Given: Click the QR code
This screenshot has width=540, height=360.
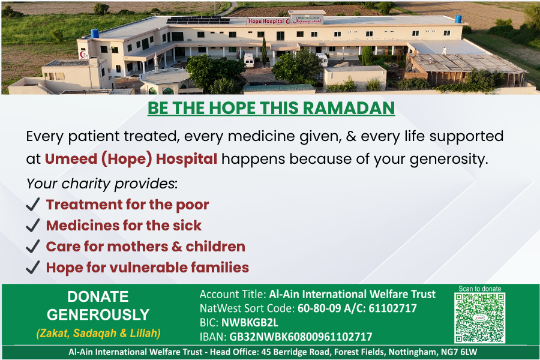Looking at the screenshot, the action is pyautogui.click(x=480, y=317).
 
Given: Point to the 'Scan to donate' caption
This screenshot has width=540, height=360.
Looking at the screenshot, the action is pyautogui.click(x=480, y=289).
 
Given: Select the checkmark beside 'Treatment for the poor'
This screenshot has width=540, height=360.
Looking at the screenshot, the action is pyautogui.click(x=33, y=204).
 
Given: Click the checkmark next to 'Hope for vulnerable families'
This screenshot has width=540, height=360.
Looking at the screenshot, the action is pyautogui.click(x=33, y=268).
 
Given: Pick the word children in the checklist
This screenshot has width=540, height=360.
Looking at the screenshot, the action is pyautogui.click(x=215, y=247).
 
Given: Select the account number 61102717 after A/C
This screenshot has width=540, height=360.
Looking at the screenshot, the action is pyautogui.click(x=392, y=308).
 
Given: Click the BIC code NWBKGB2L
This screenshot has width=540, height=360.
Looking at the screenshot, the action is pyautogui.click(x=250, y=322).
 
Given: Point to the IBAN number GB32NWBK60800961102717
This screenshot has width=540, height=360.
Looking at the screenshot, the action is pyautogui.click(x=301, y=337).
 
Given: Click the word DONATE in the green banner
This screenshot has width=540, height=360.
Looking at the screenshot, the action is pyautogui.click(x=98, y=296).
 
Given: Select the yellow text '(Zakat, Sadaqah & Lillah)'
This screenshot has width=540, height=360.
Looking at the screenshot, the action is pyautogui.click(x=98, y=333).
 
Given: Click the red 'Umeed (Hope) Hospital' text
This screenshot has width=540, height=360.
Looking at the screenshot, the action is pyautogui.click(x=131, y=159).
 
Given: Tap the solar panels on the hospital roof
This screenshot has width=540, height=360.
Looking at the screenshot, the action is pyautogui.click(x=198, y=20).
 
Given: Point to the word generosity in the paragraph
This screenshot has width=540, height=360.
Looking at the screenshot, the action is pyautogui.click(x=449, y=160).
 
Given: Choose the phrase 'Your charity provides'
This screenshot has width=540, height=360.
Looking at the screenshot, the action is pyautogui.click(x=101, y=184).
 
